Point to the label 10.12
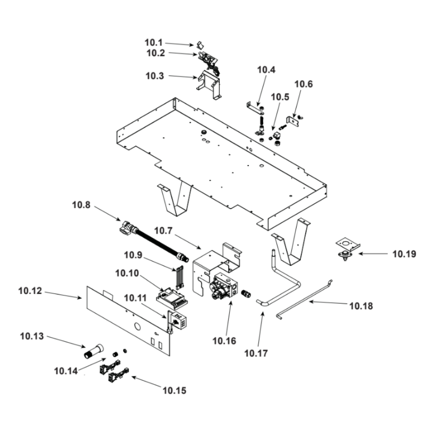30,291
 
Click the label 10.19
404,254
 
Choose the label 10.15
174,391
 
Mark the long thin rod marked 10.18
303,299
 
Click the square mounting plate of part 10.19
349,245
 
